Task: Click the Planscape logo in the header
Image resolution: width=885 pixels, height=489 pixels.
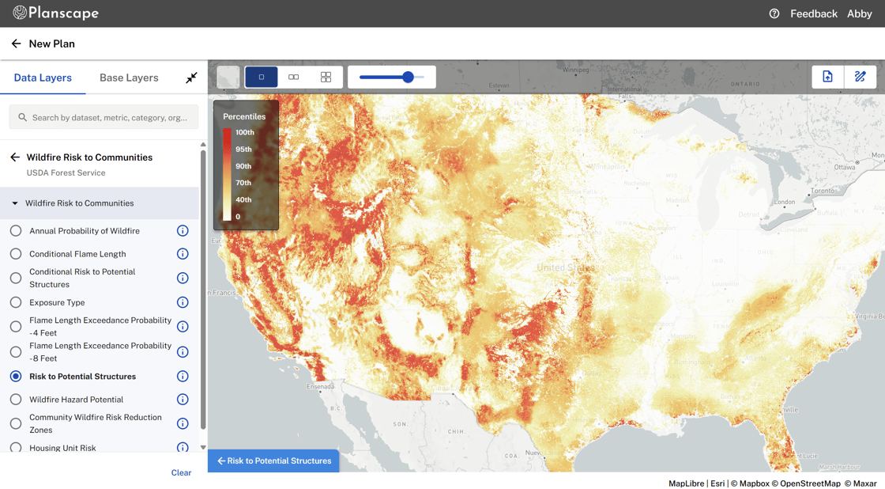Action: (x=55, y=13)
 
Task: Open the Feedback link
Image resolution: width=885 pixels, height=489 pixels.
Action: (x=813, y=13)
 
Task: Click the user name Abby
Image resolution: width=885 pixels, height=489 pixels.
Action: (x=859, y=13)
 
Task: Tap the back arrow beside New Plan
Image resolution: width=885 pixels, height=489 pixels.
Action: (x=16, y=44)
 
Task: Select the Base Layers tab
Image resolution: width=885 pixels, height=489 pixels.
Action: (x=129, y=78)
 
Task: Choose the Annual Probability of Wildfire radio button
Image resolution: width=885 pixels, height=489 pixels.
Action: (x=16, y=231)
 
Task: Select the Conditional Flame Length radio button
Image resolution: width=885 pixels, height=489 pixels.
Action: (x=16, y=254)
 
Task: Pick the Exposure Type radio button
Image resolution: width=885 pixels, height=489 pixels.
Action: (x=16, y=302)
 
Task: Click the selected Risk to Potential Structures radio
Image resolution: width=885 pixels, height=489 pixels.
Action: (x=16, y=377)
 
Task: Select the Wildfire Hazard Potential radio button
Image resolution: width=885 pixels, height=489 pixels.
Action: (x=16, y=400)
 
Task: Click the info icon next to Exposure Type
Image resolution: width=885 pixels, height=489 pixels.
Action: (x=183, y=302)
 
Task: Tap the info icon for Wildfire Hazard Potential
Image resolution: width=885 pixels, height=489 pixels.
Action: (x=183, y=400)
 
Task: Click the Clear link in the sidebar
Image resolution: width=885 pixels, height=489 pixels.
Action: (x=181, y=472)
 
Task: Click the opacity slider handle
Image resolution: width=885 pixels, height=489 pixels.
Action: (x=408, y=77)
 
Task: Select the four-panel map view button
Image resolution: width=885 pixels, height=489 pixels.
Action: (x=326, y=77)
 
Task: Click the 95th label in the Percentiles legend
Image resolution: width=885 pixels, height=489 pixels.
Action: (x=243, y=150)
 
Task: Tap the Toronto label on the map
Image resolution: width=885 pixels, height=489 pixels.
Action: (x=823, y=191)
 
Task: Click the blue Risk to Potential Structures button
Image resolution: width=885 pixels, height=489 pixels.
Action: (x=273, y=461)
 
